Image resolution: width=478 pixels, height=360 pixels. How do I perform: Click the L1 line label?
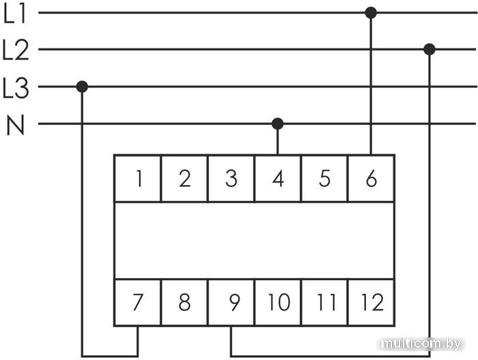point(15,14)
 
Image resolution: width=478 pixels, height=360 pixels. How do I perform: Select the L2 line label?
point(15,51)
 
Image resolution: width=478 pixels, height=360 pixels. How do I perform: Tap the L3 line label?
point(15,87)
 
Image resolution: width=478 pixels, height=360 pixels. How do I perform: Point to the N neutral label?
point(15,125)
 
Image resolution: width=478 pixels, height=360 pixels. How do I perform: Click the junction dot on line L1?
point(371,12)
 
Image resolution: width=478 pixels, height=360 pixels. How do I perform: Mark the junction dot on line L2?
point(430,49)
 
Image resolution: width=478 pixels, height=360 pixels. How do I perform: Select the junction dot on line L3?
point(82,87)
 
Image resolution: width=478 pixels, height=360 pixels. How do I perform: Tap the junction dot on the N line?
point(277,124)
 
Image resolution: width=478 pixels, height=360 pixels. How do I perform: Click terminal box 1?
point(138,179)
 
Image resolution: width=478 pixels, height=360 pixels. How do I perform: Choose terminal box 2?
point(184,179)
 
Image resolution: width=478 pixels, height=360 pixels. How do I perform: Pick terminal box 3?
point(231,179)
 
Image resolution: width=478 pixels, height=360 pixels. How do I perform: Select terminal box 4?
point(278,179)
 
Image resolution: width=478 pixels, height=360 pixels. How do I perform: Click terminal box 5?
point(324,179)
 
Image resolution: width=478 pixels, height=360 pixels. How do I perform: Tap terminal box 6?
point(371,179)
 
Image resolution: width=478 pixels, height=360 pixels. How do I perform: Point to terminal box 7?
point(138,302)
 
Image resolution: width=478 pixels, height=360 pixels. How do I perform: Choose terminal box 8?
point(184,302)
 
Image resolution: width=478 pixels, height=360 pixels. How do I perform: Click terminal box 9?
point(231,302)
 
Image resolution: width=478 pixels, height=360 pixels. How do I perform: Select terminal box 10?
point(278,302)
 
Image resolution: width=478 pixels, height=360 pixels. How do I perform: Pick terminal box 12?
point(371,302)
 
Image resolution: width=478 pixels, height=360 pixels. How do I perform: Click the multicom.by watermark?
point(421,344)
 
